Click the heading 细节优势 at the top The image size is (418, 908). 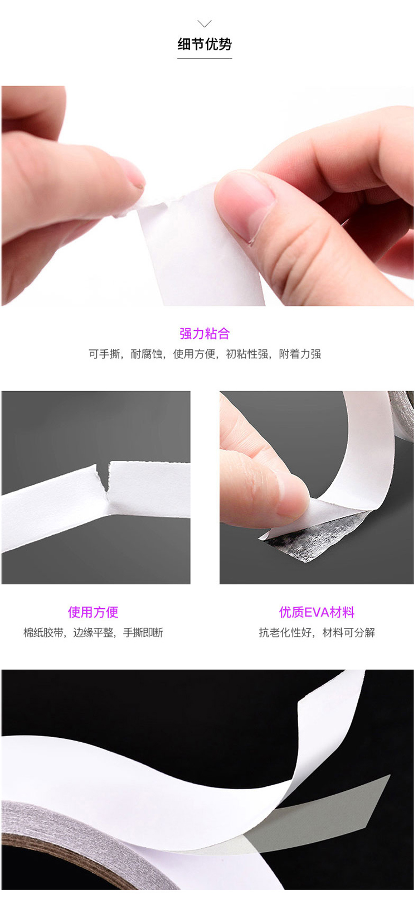(205, 44)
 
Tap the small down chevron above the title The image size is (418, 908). (205, 23)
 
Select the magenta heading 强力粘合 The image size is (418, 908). (205, 334)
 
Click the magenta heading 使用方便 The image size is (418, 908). (93, 612)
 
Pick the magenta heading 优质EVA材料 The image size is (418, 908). (317, 612)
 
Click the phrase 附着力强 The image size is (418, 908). (300, 354)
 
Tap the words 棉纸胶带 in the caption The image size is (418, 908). (43, 632)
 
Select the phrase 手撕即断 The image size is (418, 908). (143, 632)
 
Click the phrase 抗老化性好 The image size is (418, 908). (284, 632)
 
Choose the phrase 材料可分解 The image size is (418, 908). (349, 632)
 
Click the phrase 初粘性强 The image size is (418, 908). (247, 354)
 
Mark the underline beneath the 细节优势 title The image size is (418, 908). (205, 59)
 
